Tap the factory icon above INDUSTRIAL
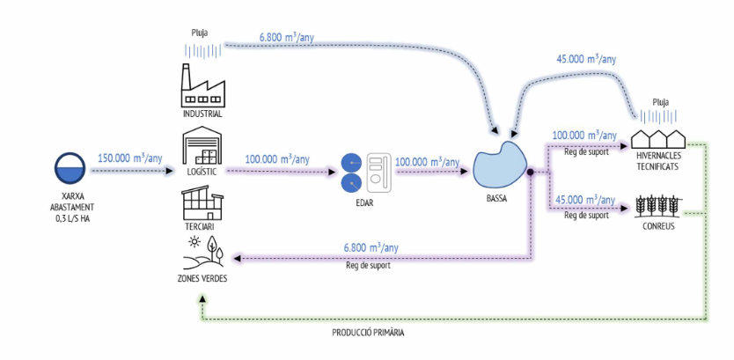202,86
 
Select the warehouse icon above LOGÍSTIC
202,145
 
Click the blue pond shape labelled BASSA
499,163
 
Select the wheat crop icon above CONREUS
660,206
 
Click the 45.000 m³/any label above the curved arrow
585,60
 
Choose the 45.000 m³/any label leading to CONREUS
584,199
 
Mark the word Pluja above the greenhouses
660,102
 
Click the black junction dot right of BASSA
532,173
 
